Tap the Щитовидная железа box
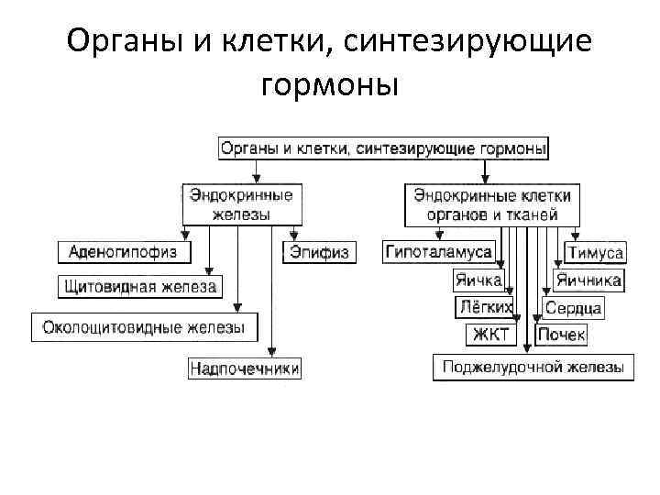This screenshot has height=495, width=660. click(140, 287)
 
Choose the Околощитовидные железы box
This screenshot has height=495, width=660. click(145, 326)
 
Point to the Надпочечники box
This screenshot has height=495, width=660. click(245, 368)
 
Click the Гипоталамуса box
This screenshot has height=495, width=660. click(438, 252)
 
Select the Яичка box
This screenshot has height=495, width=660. click(478, 280)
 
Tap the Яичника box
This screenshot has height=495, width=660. click(588, 280)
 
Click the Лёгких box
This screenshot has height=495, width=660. click(483, 307)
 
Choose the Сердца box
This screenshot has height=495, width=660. click(573, 308)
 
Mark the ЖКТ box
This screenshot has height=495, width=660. click(490, 335)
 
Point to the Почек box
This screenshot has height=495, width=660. click(561, 335)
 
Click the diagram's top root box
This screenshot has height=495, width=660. click(383, 148)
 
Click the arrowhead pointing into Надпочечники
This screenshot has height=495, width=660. click(274, 353)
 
